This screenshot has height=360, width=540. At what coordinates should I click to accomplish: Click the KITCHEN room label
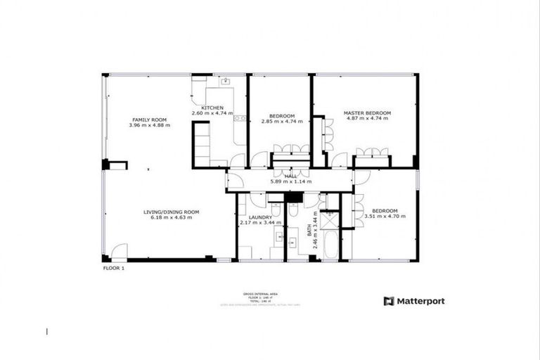212,108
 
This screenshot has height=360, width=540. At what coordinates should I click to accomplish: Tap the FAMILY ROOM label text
149,120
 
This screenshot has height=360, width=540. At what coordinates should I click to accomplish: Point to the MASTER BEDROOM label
367,112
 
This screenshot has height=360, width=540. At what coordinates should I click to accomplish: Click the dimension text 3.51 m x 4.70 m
385,217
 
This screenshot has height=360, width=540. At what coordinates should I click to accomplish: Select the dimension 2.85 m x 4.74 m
281,122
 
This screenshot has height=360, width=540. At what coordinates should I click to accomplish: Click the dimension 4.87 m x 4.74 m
367,118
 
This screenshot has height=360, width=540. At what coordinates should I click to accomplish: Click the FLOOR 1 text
113,268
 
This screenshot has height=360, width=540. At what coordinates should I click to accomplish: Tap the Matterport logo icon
389,301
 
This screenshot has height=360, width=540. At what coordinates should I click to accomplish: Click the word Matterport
420,301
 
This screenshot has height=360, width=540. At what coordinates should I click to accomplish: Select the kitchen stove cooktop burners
240,118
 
